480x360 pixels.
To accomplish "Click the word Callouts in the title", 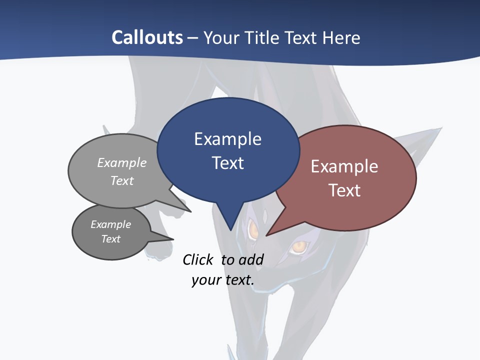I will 147,37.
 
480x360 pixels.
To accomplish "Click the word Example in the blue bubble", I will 227,139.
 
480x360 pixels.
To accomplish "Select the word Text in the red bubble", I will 344,190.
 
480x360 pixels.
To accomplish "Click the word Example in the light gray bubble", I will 122,162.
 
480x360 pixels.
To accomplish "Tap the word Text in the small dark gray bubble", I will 110,239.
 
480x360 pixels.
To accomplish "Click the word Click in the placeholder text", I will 198,259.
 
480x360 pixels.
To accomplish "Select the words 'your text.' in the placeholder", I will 223,280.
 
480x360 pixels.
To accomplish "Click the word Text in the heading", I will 301,37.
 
